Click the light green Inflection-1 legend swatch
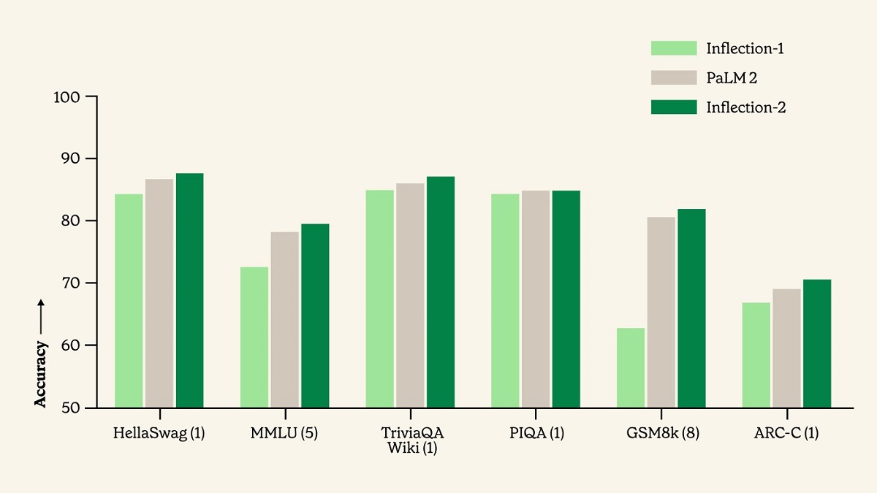[673, 49]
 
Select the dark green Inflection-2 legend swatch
[673, 107]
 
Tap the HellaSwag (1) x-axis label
[159, 433]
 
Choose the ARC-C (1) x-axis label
[786, 433]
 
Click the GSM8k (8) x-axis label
[662, 433]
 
